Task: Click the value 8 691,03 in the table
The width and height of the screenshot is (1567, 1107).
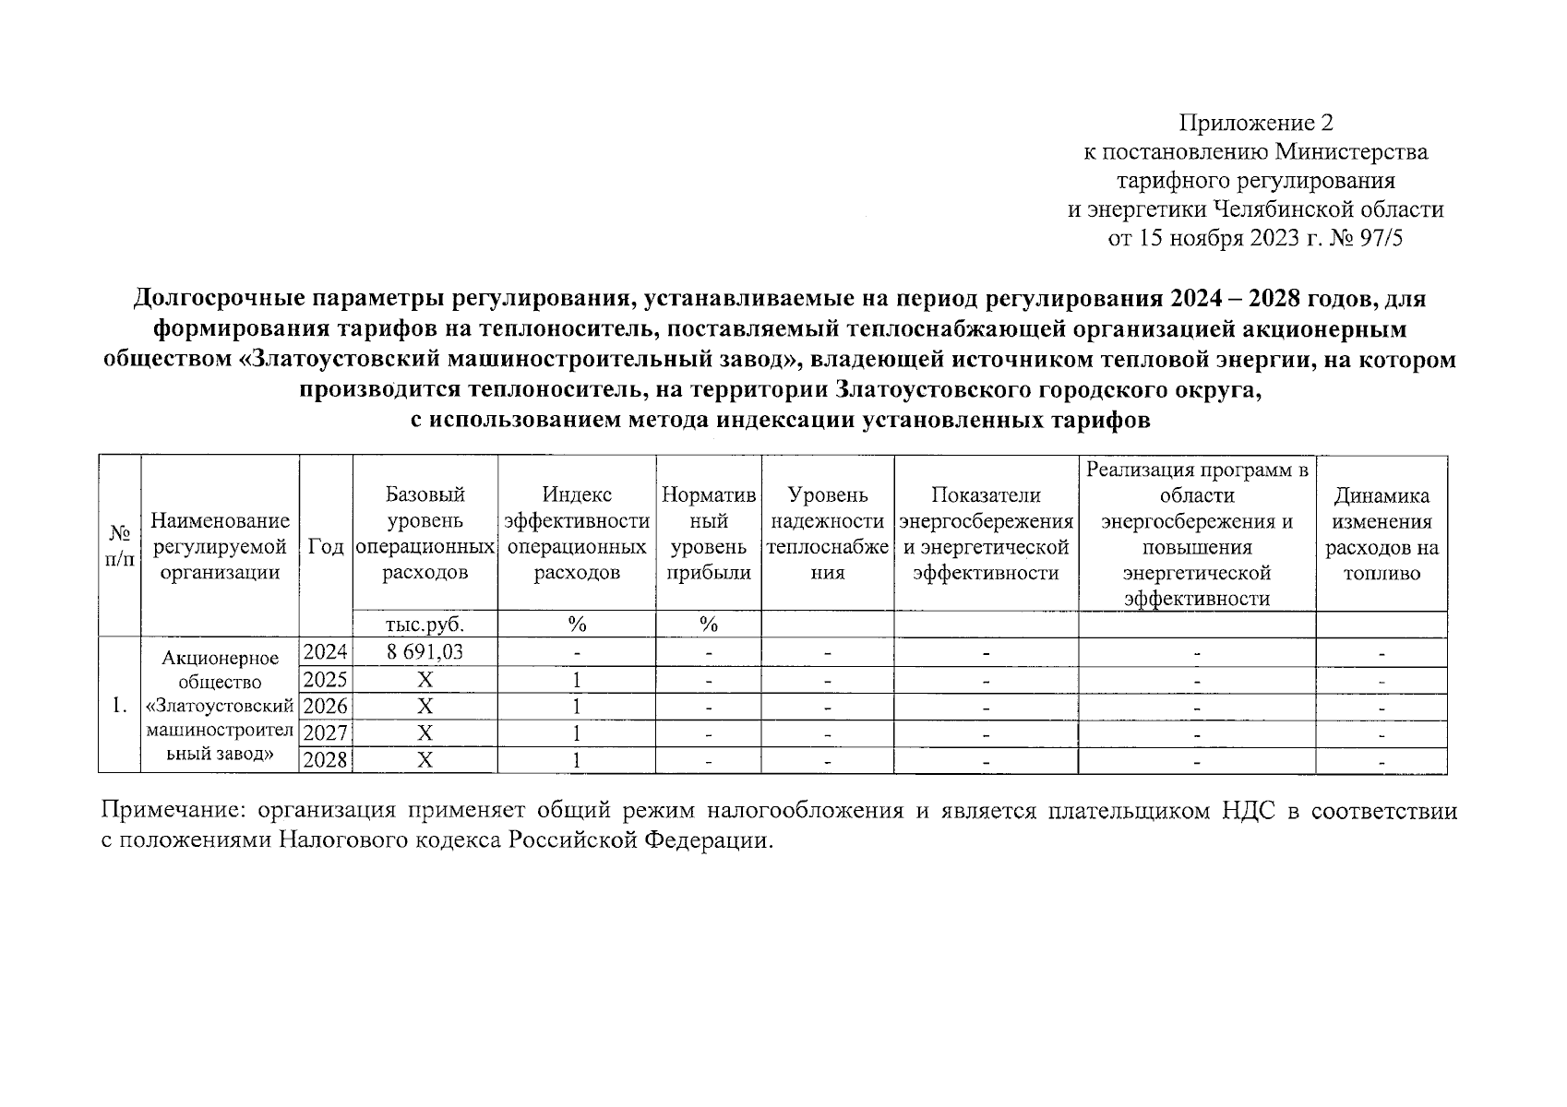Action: tap(425, 652)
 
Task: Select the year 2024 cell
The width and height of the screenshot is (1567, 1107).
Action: tap(326, 652)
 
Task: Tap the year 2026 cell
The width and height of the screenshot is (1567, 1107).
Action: tap(326, 707)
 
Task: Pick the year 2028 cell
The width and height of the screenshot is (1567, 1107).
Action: tap(326, 760)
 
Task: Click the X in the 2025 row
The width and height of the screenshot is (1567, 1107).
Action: tap(425, 680)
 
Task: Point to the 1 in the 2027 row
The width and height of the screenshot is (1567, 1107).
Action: tap(577, 733)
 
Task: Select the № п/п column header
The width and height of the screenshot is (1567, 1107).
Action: tap(119, 547)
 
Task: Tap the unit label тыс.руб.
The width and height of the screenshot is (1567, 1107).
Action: tap(425, 625)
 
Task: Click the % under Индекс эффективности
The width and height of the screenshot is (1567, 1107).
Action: tap(577, 625)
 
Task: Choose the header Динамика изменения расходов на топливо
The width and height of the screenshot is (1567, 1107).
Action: tap(1382, 534)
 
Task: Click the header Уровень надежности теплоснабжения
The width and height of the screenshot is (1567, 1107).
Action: tap(828, 534)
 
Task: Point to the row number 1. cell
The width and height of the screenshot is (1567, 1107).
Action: tap(119, 706)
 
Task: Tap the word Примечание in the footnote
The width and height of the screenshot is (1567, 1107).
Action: tap(173, 812)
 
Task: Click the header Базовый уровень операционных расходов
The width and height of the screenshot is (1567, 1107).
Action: tap(425, 534)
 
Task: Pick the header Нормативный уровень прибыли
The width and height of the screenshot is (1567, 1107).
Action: tap(709, 534)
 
